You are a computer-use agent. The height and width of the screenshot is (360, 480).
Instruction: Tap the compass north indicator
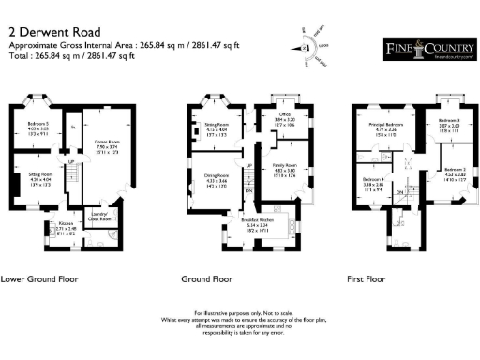[305, 47]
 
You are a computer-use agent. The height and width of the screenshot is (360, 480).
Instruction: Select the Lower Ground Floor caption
[37, 279]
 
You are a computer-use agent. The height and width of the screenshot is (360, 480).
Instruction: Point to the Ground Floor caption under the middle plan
[207, 279]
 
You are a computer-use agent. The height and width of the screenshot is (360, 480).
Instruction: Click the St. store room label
[72, 125]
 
